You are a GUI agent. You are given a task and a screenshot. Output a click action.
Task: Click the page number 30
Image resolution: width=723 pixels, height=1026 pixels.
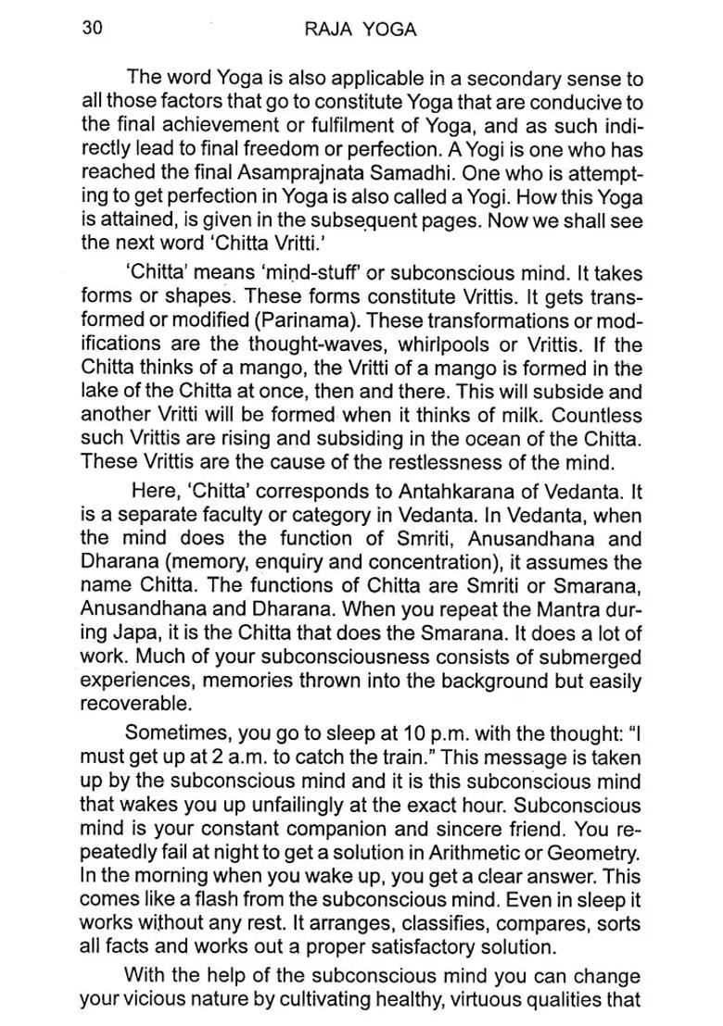[x=92, y=28]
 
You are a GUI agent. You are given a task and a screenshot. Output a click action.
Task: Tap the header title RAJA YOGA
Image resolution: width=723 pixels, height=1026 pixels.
[x=361, y=30]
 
